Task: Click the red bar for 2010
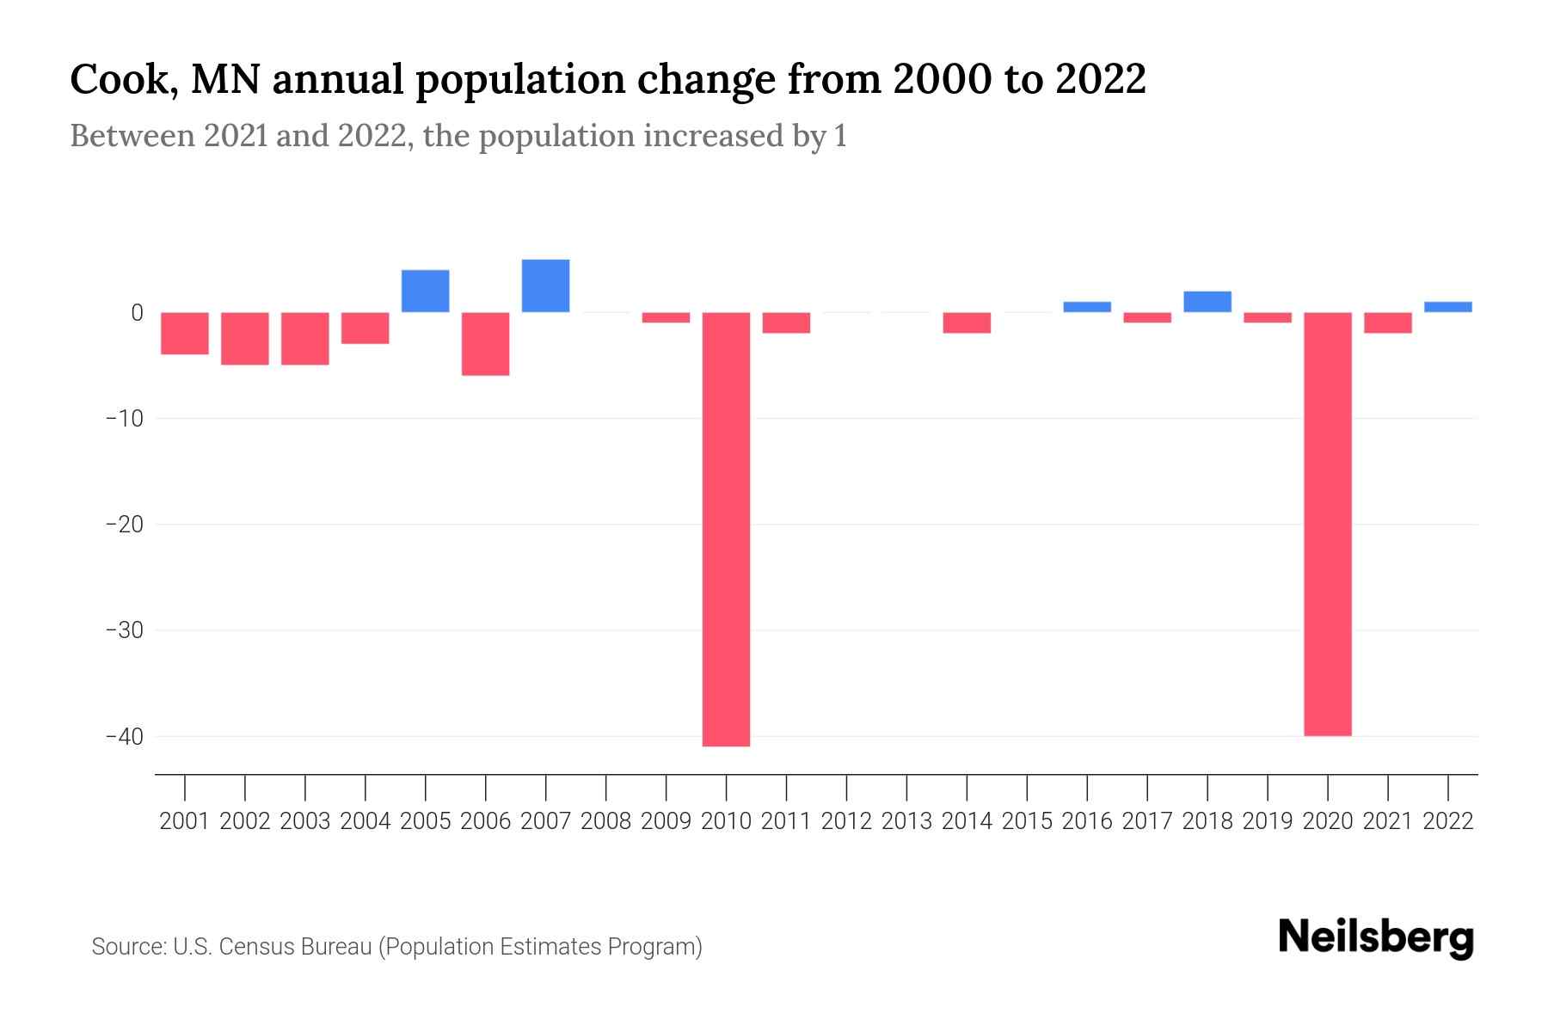[726, 529]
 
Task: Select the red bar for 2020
[1327, 524]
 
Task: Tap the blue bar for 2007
[545, 286]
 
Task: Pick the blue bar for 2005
[425, 291]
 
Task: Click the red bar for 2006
[485, 344]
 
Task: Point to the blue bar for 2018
[1207, 302]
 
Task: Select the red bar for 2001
[185, 334]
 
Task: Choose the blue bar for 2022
[1447, 307]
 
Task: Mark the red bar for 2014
[967, 322]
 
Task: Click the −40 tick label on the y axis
[124, 737]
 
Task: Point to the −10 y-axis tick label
[124, 419]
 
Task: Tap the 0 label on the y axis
[137, 313]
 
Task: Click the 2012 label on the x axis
[846, 821]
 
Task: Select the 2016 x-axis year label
[1087, 821]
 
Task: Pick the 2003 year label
[305, 821]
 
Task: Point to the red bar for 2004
[365, 328]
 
